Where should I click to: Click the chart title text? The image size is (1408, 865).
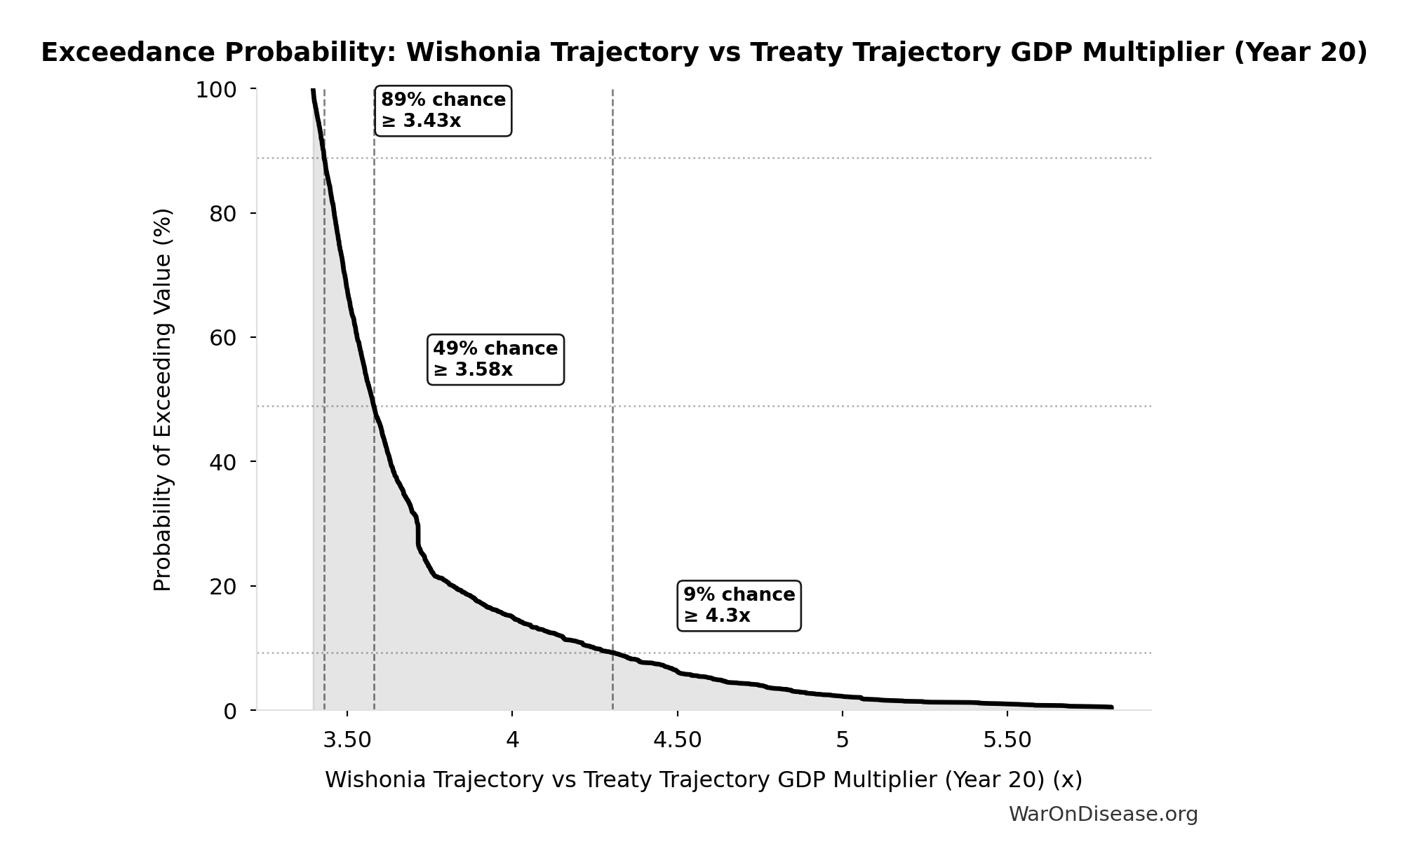click(704, 53)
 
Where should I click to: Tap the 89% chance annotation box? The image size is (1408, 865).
click(443, 111)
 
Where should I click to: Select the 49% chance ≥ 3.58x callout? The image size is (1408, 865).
click(495, 359)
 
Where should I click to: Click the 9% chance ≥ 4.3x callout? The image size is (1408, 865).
click(739, 605)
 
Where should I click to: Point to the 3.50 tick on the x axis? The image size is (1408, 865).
click(347, 740)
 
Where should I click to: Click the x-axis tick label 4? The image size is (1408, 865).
click(512, 740)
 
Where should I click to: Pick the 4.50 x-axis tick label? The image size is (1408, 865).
click(677, 740)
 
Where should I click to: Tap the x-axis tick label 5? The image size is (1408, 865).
click(842, 740)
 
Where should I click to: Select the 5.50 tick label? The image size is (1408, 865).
click(1007, 740)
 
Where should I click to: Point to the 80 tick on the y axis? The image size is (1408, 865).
click(222, 214)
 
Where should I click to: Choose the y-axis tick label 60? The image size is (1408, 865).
click(222, 338)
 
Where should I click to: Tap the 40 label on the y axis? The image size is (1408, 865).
click(222, 462)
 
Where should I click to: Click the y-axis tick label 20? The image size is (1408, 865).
click(222, 587)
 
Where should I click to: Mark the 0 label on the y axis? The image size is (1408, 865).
click(230, 711)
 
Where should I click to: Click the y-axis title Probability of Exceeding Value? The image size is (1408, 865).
click(162, 400)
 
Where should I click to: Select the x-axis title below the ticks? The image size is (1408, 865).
click(703, 779)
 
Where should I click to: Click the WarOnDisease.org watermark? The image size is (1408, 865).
click(1103, 814)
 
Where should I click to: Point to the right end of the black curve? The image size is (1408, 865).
click(1111, 707)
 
